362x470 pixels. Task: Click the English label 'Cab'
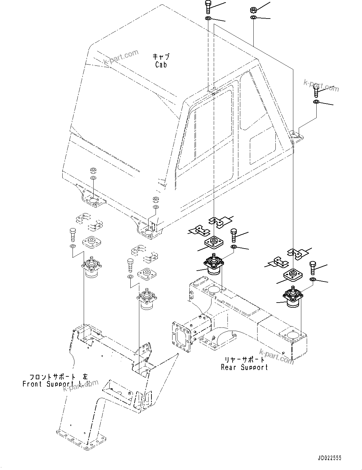pos(161,65)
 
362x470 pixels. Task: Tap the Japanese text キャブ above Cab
pos(161,57)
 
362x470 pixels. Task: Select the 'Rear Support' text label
pos(244,367)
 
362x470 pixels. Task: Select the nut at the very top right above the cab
pos(252,10)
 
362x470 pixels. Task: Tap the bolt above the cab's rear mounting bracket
pos(315,92)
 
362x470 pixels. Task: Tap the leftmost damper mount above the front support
pos(92,269)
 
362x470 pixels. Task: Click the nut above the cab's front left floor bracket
pos(93,170)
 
